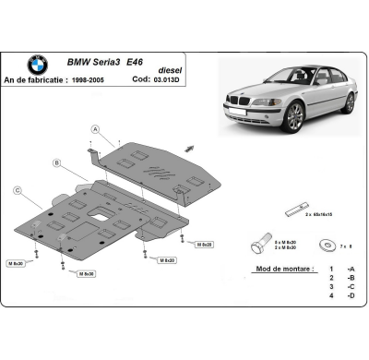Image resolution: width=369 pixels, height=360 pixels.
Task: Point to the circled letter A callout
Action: click(x=95, y=128)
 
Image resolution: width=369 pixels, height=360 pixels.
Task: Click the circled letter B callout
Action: click(x=58, y=163)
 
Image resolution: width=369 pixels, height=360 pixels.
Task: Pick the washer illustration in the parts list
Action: click(x=325, y=245)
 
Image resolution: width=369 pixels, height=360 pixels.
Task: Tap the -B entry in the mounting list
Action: click(x=351, y=277)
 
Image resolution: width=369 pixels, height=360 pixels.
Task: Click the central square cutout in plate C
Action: click(x=95, y=216)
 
